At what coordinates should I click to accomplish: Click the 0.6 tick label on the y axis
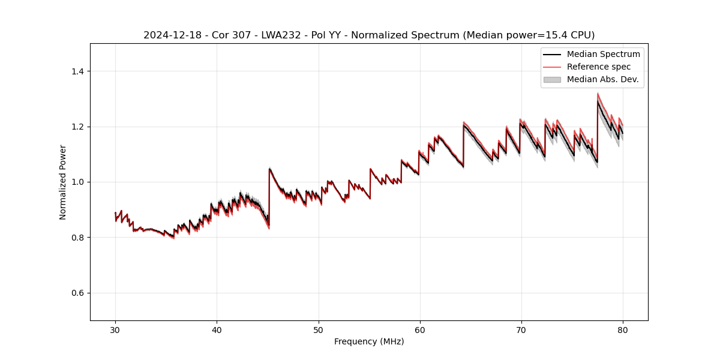coord(77,293)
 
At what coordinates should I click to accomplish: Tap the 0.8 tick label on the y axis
coord(77,238)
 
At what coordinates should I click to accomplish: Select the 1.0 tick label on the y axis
coord(77,182)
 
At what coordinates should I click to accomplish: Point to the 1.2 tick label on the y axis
coord(77,127)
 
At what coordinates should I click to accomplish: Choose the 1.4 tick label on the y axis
coord(77,71)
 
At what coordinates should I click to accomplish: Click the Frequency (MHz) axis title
coord(369,341)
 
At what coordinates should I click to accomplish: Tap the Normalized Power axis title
coord(63,182)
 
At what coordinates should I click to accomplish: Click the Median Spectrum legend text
coord(603,54)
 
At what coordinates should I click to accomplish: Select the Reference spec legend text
coord(598,67)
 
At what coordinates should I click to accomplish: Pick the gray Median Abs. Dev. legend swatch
coord(552,79)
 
